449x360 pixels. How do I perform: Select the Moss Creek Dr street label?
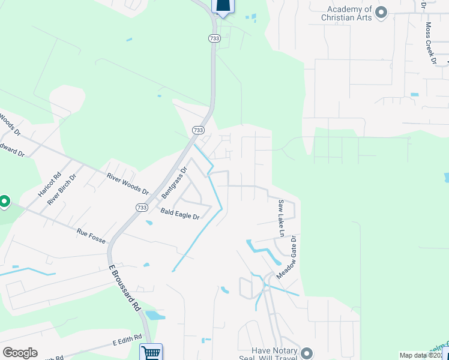[430, 43]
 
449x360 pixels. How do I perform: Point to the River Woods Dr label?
[127, 184]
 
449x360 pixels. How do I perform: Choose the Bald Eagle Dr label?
[179, 213]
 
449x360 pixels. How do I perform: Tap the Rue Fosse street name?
[91, 235]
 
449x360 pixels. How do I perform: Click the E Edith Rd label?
[127, 340]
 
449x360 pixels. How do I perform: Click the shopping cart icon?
[151, 352]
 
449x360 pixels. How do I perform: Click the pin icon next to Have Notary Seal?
[307, 353]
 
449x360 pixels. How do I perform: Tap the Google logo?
[20, 353]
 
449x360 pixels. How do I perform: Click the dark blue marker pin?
[222, 6]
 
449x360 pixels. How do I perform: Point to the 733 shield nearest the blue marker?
[214, 38]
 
